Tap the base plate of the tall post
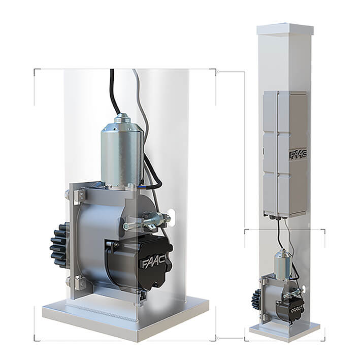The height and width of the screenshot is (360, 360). (x=284, y=333)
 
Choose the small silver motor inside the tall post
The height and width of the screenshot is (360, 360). (x=282, y=264)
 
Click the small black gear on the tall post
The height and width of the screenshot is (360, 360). (x=256, y=300)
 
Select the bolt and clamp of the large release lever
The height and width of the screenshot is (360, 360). (x=147, y=221)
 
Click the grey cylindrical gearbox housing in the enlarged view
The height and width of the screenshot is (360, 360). (x=96, y=239)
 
